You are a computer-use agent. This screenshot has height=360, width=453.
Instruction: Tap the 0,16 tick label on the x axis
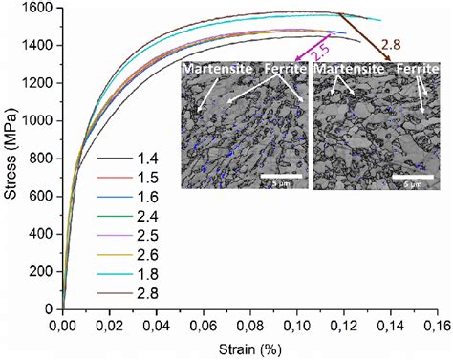437,325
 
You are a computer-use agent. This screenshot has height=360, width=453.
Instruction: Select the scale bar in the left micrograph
281,175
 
